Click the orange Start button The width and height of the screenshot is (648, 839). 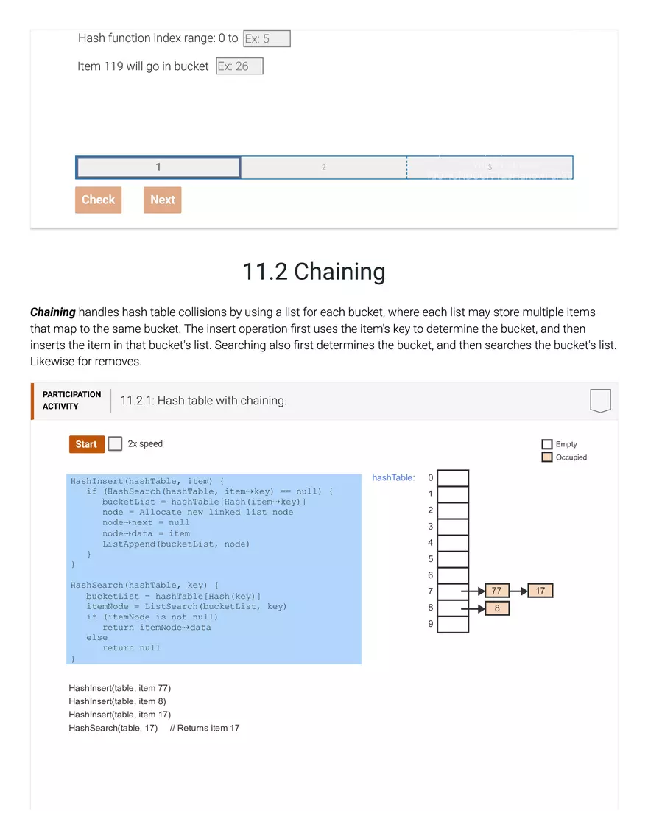[86, 444]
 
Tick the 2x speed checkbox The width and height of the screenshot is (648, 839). [115, 443]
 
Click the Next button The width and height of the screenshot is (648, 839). [162, 200]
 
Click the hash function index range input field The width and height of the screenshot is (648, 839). [267, 38]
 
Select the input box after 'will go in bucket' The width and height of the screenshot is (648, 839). [239, 66]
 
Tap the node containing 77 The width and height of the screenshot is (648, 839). [497, 591]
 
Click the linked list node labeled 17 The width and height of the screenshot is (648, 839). [540, 591]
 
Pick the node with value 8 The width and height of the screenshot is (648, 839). [497, 608]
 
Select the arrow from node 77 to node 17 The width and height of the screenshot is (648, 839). [518, 591]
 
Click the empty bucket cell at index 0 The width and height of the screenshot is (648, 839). [453, 478]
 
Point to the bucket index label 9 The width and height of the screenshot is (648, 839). [431, 624]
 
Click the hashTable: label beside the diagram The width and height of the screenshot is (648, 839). [393, 477]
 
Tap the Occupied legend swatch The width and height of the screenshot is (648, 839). [546, 457]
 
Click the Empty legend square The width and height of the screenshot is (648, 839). [546, 444]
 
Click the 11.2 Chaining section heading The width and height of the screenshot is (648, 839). [314, 272]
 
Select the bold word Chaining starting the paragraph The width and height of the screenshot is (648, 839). [53, 312]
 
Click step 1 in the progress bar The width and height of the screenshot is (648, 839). [158, 167]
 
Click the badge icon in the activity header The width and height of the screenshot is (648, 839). [600, 401]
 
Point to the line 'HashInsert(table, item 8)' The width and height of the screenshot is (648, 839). [117, 701]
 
